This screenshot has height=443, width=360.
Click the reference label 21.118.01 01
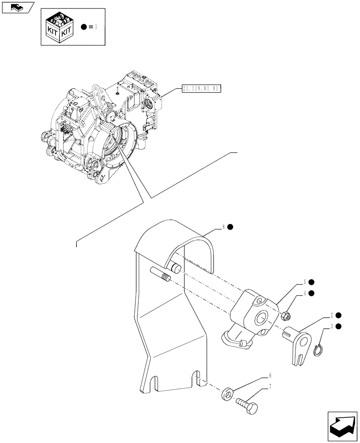[201, 89]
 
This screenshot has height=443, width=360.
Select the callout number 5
[305, 282]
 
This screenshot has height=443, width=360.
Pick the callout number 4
[305, 293]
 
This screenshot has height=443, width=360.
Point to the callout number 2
[332, 315]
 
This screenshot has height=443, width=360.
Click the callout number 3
[332, 326]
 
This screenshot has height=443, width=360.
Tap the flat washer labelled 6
[227, 392]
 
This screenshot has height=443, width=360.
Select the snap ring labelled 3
[317, 351]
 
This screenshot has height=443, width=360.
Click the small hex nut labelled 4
[286, 316]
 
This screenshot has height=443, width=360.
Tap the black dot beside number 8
[231, 227]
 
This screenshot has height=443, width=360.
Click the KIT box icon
[59, 27]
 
